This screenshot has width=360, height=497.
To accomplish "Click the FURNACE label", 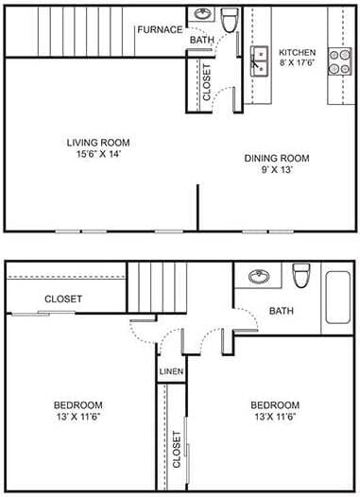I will (159, 29).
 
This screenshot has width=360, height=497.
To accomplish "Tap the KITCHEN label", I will (297, 51).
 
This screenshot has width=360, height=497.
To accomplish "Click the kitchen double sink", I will (259, 61).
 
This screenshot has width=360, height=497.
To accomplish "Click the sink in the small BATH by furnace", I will (202, 15).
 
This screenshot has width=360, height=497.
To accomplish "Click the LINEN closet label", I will (171, 371).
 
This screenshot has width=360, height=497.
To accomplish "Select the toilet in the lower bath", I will (301, 275).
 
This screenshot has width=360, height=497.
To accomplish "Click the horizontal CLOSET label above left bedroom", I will (63, 299).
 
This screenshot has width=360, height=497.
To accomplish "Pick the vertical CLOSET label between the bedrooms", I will (177, 452).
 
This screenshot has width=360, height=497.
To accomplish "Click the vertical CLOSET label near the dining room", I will (208, 81).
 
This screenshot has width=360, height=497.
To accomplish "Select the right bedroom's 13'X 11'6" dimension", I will (275, 418).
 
